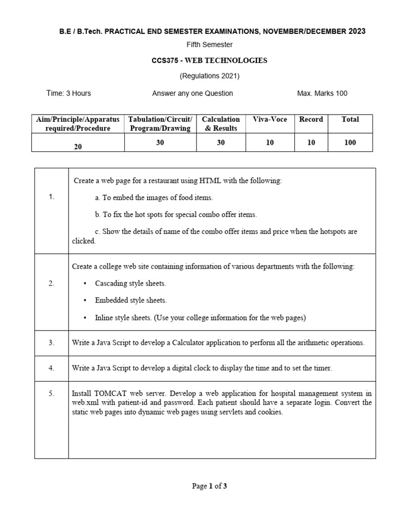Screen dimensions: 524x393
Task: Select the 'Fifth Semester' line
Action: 209,45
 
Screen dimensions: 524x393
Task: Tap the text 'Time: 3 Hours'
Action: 69,93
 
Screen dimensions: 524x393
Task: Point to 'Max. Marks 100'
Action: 322,93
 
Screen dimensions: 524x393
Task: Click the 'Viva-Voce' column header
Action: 270,119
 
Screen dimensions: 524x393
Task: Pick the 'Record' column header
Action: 311,119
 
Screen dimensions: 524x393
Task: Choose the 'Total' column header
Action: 350,119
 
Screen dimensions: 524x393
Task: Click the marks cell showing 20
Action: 78,146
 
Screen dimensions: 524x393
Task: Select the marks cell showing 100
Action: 350,143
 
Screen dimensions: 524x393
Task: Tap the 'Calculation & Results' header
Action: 221,124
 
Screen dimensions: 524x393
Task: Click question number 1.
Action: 51,197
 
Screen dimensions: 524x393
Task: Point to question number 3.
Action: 51,343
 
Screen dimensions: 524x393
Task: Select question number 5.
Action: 51,394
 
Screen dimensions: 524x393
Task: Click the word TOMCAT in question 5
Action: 111,394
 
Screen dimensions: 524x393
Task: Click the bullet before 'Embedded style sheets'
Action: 84,301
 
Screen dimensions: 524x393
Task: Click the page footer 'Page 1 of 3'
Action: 209,486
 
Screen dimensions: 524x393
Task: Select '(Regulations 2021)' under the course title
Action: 209,76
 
